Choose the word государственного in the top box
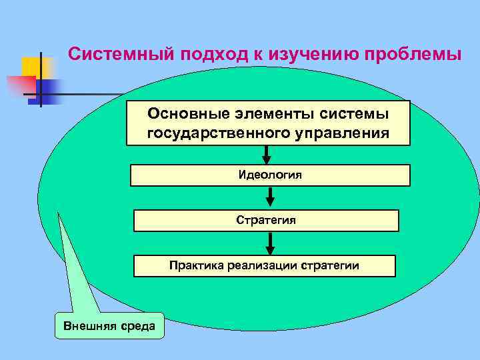tap(216, 133)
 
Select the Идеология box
tap(270, 175)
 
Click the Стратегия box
tap(266, 220)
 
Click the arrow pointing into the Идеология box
tap(267, 155)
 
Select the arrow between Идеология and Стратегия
tap(270, 198)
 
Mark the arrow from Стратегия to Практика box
tap(270, 243)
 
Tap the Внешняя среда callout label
tap(109, 326)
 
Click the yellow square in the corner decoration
tap(31, 67)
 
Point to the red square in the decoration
tap(20, 86)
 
